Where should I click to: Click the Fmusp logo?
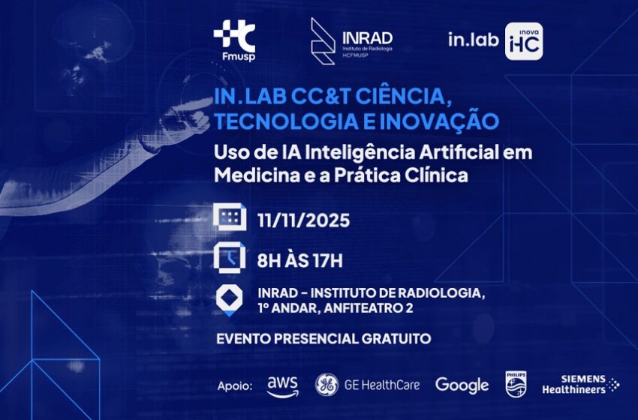click(234, 40)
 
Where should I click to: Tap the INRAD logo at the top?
click(351, 41)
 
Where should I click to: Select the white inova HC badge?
click(524, 41)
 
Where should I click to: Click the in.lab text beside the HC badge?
click(473, 40)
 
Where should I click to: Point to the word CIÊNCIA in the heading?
click(403, 97)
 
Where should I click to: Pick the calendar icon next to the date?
click(230, 217)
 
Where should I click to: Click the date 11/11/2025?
click(303, 220)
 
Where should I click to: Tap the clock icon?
click(230, 258)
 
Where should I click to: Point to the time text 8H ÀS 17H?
click(300, 260)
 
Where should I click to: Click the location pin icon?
click(230, 301)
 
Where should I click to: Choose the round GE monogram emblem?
click(327, 385)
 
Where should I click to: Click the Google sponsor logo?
click(462, 385)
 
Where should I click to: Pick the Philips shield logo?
click(516, 384)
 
